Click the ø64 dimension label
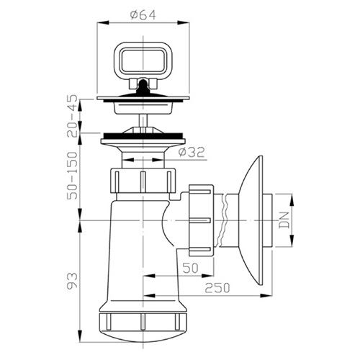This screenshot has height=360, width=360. pos(143,15)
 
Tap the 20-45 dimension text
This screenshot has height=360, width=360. pos(73,116)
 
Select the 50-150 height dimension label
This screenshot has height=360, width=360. pos(73,176)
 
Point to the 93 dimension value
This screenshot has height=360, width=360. pos(73,280)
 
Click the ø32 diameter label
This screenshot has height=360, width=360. pos(192,152)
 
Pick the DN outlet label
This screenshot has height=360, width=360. pos(284,220)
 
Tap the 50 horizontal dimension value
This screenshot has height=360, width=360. pos(190,268)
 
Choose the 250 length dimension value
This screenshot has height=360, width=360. pos(217,288)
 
